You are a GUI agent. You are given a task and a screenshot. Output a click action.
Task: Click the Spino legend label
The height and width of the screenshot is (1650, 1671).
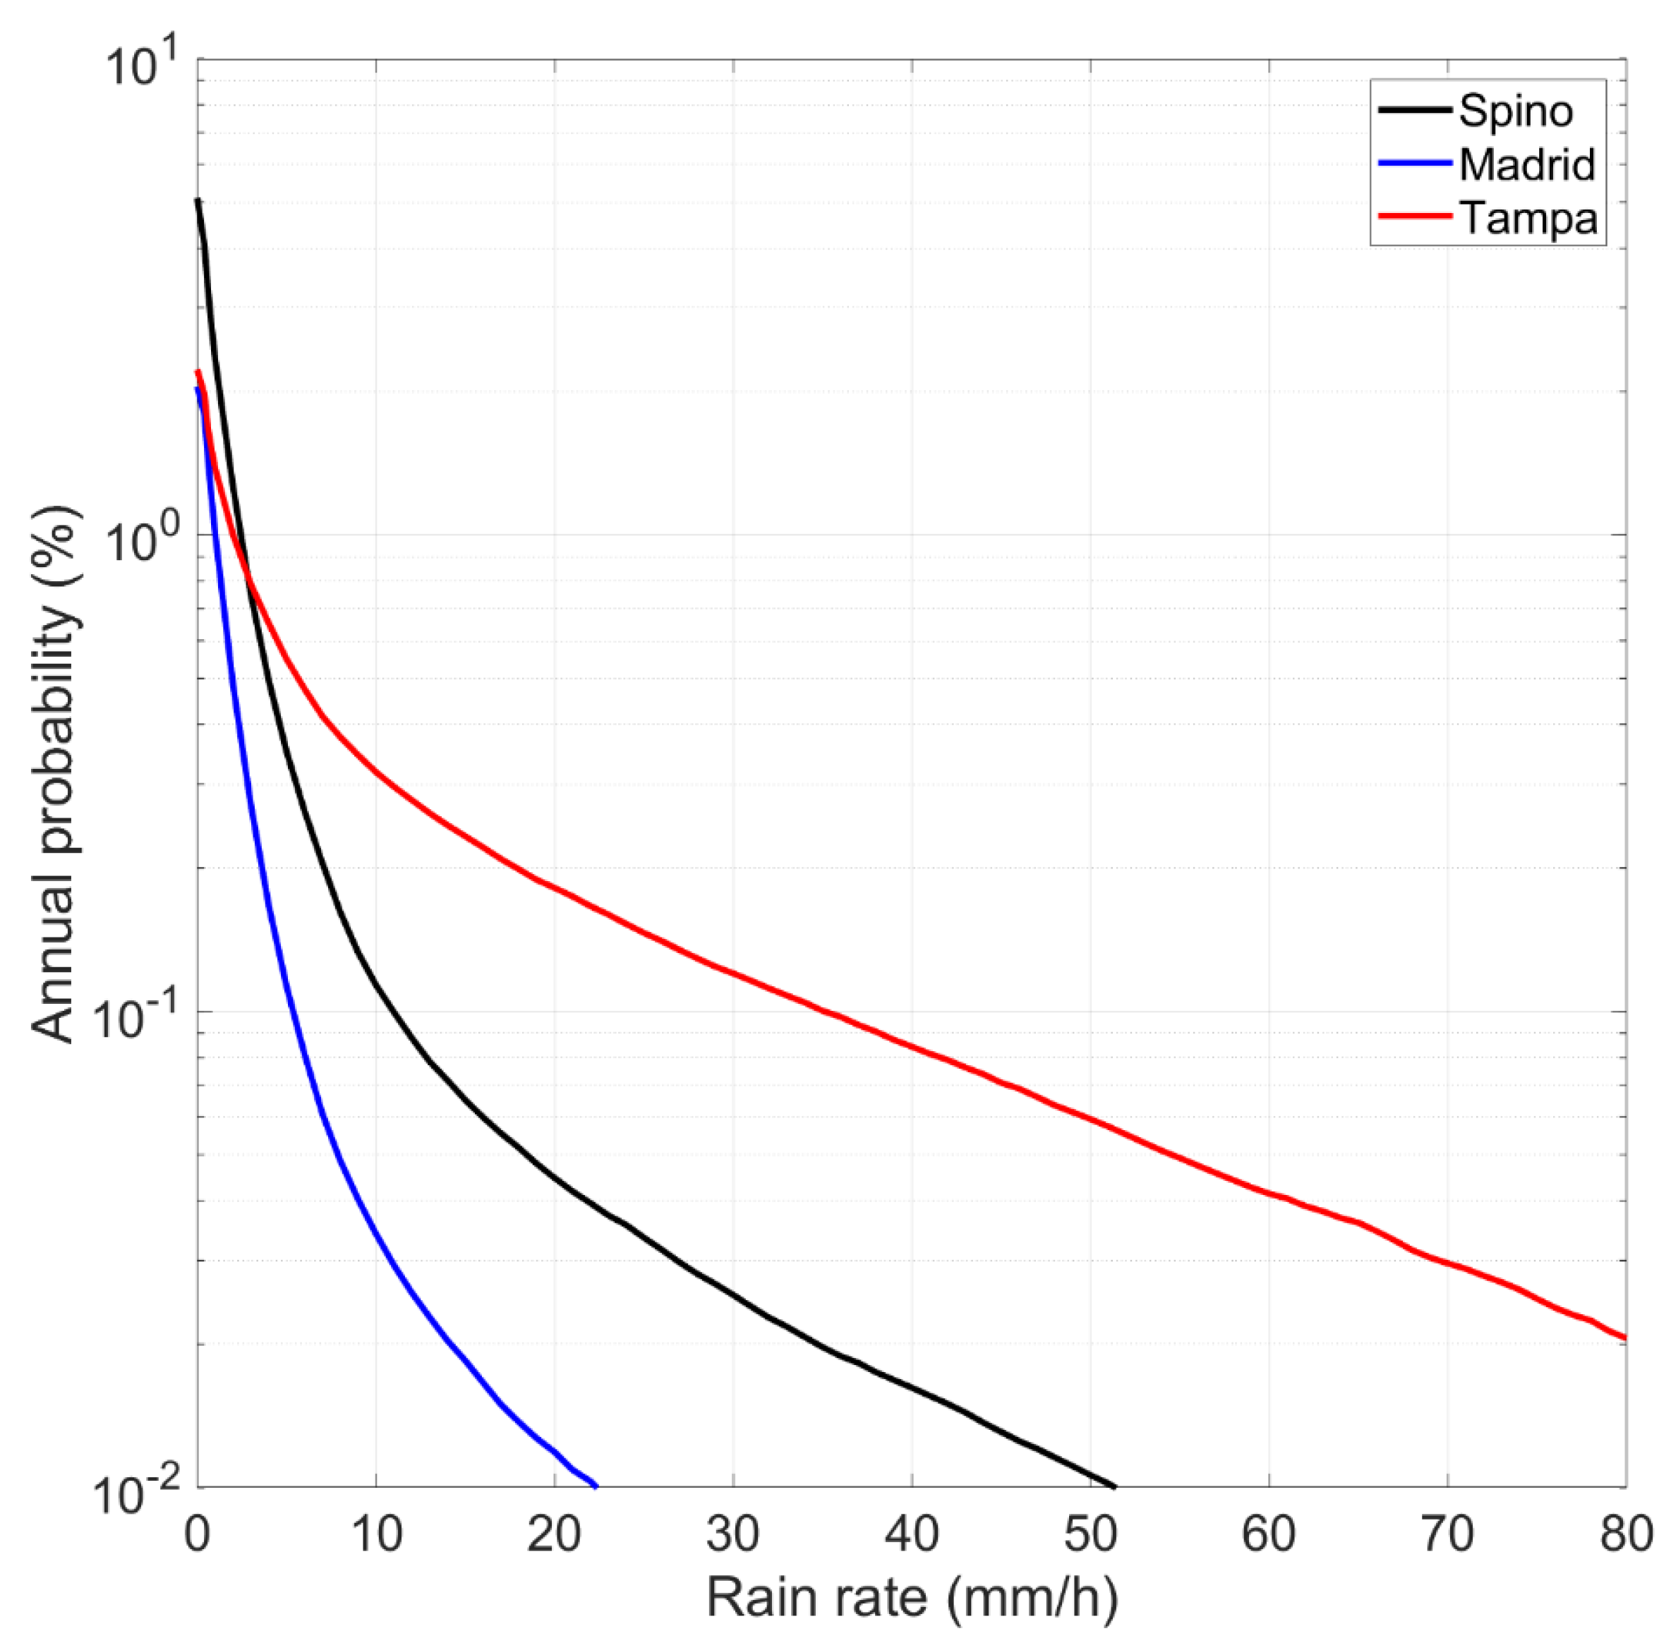(x=1515, y=111)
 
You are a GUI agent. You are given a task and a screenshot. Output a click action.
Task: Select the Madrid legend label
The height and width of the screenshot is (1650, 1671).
(x=1526, y=164)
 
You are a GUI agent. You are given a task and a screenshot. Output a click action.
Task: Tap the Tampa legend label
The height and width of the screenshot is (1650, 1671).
(x=1528, y=218)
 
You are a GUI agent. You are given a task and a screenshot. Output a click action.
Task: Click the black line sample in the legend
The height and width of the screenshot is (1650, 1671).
(x=1415, y=110)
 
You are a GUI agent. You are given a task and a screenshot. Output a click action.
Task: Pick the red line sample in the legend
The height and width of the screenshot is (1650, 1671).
(x=1415, y=216)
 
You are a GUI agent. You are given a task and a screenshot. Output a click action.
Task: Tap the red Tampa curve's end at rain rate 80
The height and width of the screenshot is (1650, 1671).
(x=1625, y=1337)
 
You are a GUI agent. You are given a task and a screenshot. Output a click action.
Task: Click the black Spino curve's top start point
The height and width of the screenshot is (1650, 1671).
(x=198, y=200)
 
